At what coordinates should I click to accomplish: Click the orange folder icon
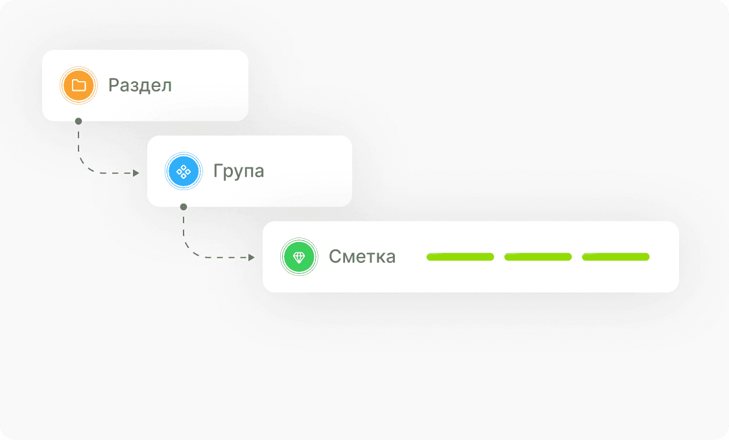[78, 85]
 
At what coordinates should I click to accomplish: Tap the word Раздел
[140, 85]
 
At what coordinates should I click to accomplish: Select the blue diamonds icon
[183, 171]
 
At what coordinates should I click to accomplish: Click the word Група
[239, 171]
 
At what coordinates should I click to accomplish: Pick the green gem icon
[298, 257]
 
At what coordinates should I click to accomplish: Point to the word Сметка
[362, 256]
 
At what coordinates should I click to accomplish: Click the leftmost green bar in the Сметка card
[460, 257]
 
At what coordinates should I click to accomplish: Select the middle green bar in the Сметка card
[538, 257]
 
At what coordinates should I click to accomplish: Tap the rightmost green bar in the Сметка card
[615, 257]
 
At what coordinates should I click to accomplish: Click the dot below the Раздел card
[78, 121]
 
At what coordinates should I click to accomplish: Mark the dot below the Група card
[184, 206]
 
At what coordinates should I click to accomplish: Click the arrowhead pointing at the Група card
[136, 173]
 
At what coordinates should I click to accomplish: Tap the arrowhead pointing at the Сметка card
[252, 258]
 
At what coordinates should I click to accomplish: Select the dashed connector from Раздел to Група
[84, 162]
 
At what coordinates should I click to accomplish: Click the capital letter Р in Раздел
[114, 85]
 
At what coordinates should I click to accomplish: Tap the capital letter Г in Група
[218, 171]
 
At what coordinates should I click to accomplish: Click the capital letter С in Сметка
[335, 256]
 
